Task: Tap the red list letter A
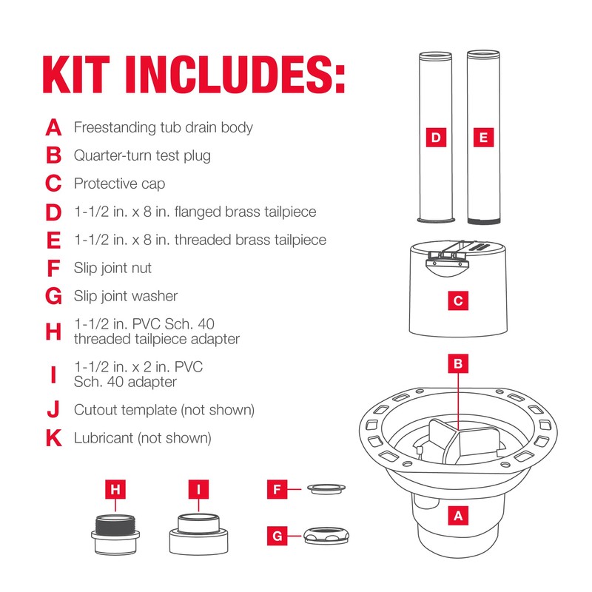pos(53,127)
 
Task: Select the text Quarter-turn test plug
pos(142,155)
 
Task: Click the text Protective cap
pos(119,184)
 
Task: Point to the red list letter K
pos(53,438)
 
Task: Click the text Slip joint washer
pos(126,296)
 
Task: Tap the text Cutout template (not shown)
pos(164,409)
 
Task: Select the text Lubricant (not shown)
pos(142,438)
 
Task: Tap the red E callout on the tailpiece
pos(483,138)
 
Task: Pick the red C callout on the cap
pos(459,301)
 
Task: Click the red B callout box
pos(459,364)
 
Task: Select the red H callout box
pos(115,490)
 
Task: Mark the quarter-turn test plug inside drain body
pos(453,444)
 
